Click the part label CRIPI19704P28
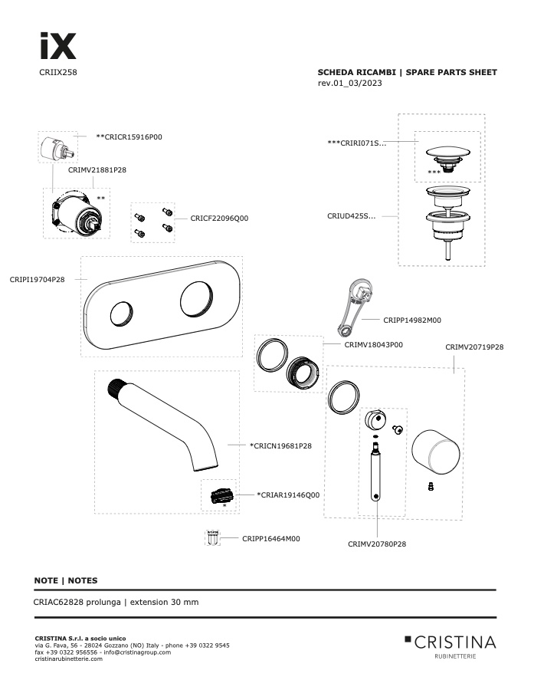[x=37, y=279]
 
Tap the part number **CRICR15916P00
[x=129, y=137]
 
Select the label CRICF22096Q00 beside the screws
[x=219, y=219]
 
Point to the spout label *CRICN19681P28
[x=280, y=445]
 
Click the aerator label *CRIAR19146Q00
[x=288, y=495]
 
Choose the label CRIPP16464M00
[x=271, y=539]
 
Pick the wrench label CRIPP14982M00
[x=412, y=320]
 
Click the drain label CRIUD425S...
[x=352, y=216]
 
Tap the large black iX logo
[x=58, y=46]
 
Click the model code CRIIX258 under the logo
[x=58, y=72]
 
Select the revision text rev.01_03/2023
[x=349, y=83]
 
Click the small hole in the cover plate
[x=121, y=314]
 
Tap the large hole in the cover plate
[x=196, y=299]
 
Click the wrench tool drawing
[x=355, y=307]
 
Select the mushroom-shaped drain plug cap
[x=447, y=157]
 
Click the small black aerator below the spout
[x=221, y=495]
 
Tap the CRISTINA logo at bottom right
[x=450, y=646]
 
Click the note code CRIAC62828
[x=58, y=602]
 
